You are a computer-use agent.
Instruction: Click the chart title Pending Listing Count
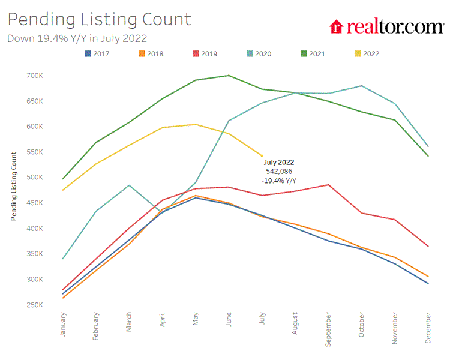99,19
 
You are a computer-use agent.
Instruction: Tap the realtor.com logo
386,26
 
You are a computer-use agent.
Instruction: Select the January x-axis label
63,324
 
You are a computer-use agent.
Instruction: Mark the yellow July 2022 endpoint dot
262,156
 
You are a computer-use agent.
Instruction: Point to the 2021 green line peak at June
229,76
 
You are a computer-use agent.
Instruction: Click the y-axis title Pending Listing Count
14,187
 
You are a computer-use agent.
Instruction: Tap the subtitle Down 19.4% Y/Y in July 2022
77,38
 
